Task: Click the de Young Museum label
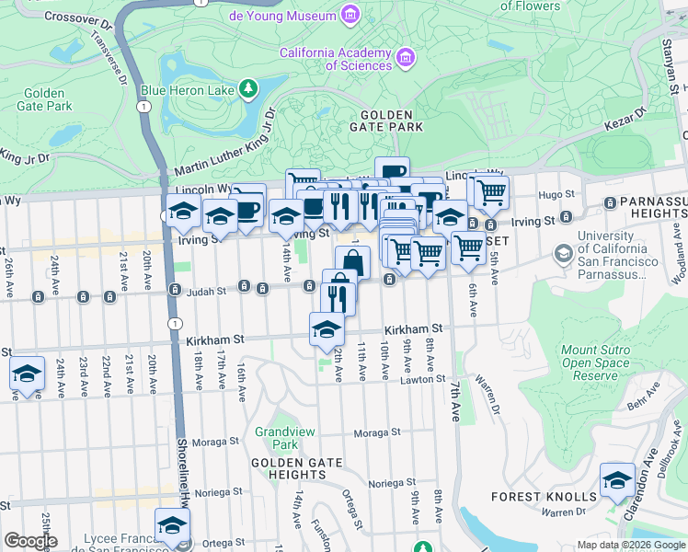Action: coord(281,16)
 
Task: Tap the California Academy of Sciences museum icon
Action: coord(405,59)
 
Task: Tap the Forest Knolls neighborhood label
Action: coord(544,497)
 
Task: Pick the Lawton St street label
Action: coord(422,379)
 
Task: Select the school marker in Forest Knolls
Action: coord(617,480)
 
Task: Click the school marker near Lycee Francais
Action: coord(172,524)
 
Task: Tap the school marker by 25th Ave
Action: coord(27,374)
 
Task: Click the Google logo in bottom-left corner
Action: coord(30,541)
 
